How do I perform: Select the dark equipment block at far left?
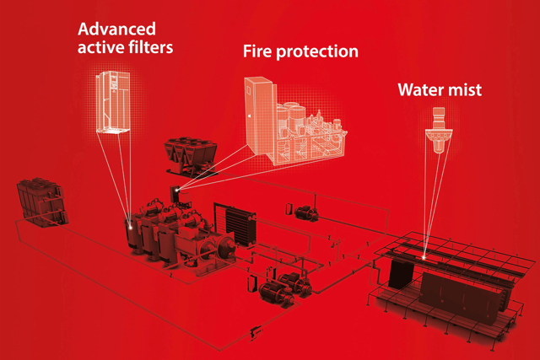point(41,202)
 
